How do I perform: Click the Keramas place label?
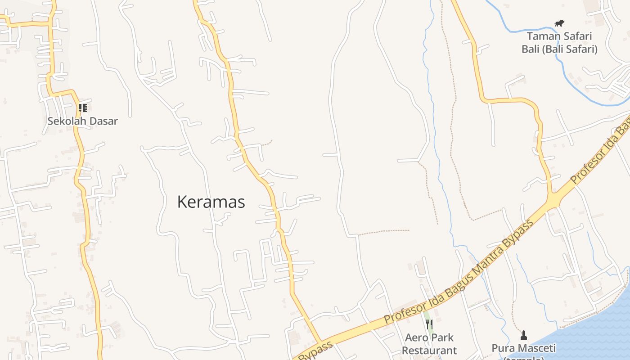pos(211,202)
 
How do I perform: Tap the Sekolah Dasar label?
pos(83,121)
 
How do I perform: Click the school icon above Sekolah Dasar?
pos(83,108)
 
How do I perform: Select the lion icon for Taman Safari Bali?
pos(559,23)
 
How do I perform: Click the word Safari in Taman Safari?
pos(575,36)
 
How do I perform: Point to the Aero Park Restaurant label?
pos(429,344)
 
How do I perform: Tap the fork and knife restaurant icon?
pos(429,324)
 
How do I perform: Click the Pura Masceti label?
pos(523,348)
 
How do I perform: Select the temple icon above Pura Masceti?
pos(523,335)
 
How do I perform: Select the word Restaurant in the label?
pos(429,350)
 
